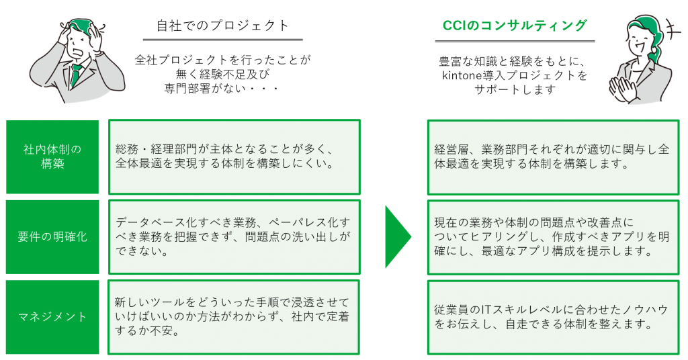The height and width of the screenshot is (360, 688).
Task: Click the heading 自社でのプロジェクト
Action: (x=223, y=26)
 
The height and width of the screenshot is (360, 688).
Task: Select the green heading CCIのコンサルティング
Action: (x=515, y=26)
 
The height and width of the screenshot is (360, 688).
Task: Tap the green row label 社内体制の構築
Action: (x=52, y=156)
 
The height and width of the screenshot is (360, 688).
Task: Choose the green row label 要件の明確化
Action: (x=52, y=237)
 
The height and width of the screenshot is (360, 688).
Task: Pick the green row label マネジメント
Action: (x=52, y=316)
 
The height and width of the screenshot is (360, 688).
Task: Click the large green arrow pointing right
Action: (x=398, y=237)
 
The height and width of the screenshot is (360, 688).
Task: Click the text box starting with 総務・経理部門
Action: (x=234, y=156)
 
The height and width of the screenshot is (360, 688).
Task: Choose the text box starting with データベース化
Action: (x=234, y=237)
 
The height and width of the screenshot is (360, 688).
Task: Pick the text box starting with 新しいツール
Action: (x=234, y=317)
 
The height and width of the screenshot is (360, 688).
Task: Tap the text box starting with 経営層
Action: (x=554, y=157)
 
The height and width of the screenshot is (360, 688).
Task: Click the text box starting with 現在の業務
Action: (x=554, y=237)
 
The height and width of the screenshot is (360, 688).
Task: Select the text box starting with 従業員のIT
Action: (x=554, y=318)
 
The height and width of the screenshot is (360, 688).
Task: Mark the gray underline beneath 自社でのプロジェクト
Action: (x=223, y=40)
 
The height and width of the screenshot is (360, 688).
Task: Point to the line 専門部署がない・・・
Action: (x=222, y=89)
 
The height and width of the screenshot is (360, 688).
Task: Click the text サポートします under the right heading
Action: (x=515, y=90)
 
